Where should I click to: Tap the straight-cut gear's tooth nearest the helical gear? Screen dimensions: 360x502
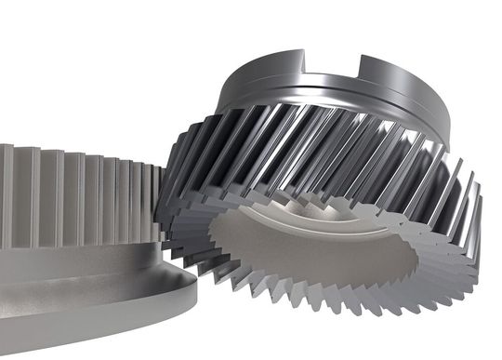pos(154,200)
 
